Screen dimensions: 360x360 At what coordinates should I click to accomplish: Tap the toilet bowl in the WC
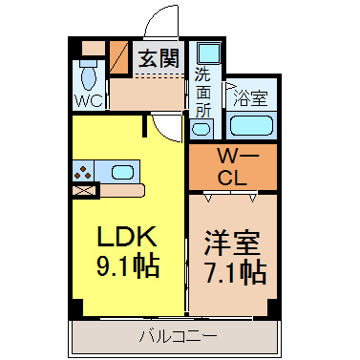click(x=89, y=76)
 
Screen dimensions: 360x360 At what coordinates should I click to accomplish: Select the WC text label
click(x=89, y=100)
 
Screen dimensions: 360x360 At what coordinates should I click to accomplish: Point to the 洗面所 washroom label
click(x=202, y=93)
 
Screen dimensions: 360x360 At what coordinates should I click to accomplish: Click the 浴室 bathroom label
click(x=250, y=98)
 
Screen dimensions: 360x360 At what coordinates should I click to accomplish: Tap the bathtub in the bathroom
click(x=251, y=126)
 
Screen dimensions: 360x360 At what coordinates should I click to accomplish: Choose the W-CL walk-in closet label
click(x=232, y=167)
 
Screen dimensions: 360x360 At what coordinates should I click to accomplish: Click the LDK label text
click(x=127, y=237)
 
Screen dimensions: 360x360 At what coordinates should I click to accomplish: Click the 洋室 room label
click(x=232, y=244)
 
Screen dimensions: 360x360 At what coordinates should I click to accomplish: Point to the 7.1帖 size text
click(x=235, y=272)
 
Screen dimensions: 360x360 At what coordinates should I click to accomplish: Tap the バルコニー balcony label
click(x=179, y=336)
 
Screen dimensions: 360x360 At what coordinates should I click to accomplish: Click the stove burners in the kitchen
click(x=83, y=172)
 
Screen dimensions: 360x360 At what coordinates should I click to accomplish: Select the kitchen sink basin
click(x=122, y=172)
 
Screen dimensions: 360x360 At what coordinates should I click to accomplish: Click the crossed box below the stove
click(x=84, y=191)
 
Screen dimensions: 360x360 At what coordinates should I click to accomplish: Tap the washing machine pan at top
click(x=209, y=53)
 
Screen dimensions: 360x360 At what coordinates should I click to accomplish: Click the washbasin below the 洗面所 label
click(x=201, y=128)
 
